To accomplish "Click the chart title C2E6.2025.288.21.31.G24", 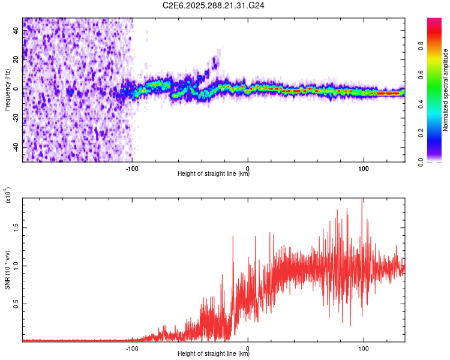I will tap(214, 5).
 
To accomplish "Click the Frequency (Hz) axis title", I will tap(7, 90).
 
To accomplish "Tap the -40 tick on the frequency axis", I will tap(16, 147).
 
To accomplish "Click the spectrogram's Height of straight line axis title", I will tap(214, 174).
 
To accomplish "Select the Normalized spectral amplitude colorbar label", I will tap(446, 90).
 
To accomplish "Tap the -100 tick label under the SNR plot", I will tap(133, 347).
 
